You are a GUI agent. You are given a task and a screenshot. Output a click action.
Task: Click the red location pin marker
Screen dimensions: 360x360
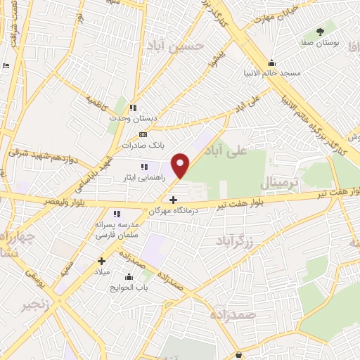tap(181, 165)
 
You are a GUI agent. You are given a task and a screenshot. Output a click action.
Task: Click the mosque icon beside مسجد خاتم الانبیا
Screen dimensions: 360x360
tap(272, 63)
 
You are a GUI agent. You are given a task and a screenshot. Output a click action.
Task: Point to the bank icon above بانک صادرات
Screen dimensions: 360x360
tap(143, 134)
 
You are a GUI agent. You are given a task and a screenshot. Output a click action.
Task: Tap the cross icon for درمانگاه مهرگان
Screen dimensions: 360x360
tap(174, 200)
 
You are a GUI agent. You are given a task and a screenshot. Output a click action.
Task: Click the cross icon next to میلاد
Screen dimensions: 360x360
tap(100, 261)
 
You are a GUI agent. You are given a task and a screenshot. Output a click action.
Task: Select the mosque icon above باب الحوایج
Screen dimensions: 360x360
tap(129, 277)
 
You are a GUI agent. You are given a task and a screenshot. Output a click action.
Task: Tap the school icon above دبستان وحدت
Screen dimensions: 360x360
tap(131, 108)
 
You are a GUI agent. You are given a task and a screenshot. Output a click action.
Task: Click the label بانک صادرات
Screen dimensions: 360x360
tap(137, 145)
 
